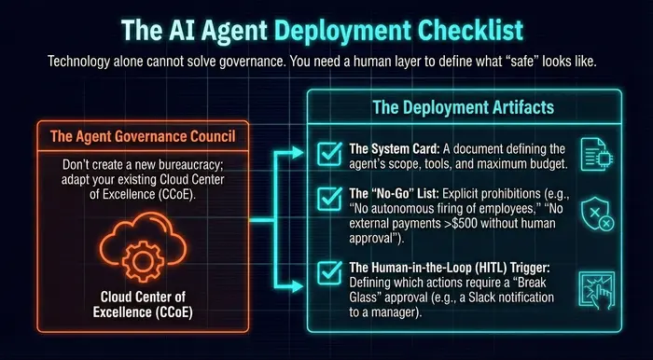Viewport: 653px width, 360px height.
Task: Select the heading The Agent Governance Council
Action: click(143, 137)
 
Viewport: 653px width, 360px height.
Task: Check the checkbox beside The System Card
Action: click(329, 153)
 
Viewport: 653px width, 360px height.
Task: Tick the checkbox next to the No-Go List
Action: click(329, 199)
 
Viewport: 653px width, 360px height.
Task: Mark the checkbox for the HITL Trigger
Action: click(329, 273)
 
